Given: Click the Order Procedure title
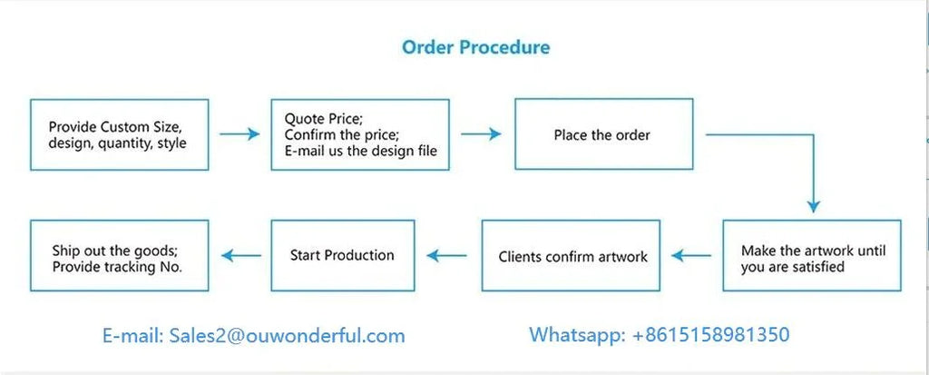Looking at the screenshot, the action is point(475,47).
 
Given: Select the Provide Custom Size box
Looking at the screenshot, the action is point(119,134).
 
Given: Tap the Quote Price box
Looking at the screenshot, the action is point(360,134).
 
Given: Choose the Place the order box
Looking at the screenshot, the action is point(603,134).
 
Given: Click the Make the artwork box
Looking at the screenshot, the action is point(812,256).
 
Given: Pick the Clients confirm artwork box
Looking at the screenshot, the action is point(571,256).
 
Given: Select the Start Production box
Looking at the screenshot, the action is point(342,256).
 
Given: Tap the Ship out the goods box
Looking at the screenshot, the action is point(119,256).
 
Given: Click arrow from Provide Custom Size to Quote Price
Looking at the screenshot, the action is point(240,134).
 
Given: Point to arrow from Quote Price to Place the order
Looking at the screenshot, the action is point(481,134).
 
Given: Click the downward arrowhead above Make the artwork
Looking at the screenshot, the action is point(814,205).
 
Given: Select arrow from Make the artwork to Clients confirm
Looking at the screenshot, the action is point(691,256).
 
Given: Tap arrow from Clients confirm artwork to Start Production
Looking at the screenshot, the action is point(446,256).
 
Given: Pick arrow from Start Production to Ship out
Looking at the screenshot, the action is point(241,256).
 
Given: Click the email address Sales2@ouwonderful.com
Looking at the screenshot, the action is point(288,336).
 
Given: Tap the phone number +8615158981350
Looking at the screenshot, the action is point(711,334).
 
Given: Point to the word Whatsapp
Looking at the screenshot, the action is point(574,335).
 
